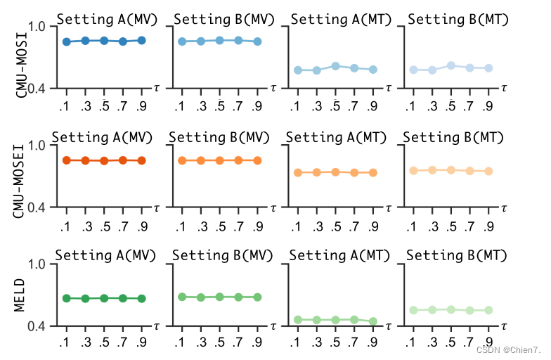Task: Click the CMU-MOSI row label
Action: click(x=21, y=56)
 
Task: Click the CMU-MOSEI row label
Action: click(x=21, y=175)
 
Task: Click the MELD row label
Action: click(x=21, y=295)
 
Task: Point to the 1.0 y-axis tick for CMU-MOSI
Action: click(x=36, y=27)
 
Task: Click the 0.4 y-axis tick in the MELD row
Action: click(x=36, y=326)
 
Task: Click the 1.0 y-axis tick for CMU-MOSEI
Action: click(x=36, y=146)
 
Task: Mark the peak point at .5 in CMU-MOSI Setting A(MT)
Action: click(x=336, y=66)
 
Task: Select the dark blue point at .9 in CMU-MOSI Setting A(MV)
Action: click(x=141, y=40)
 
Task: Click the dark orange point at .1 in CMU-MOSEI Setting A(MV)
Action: click(x=67, y=160)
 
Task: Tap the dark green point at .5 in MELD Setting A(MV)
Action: click(x=104, y=298)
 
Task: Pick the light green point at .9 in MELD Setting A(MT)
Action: click(x=373, y=321)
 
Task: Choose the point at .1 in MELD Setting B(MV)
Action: click(x=182, y=297)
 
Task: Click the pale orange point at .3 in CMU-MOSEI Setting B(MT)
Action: click(x=432, y=169)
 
